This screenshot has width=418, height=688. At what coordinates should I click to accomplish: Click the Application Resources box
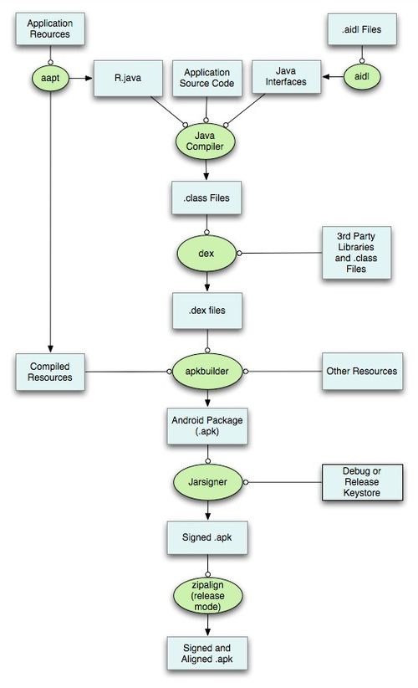click(50, 28)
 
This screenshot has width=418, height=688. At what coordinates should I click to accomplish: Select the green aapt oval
click(50, 78)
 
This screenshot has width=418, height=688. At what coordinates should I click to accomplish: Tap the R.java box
click(128, 78)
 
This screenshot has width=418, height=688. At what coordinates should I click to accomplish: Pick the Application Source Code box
click(206, 78)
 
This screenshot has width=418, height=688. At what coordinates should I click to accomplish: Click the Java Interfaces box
click(286, 77)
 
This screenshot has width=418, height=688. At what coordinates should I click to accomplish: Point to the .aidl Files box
click(362, 29)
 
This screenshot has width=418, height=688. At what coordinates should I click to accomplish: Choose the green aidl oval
click(361, 77)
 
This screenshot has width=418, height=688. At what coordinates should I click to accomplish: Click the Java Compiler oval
click(206, 141)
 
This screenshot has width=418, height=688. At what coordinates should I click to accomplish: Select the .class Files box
click(206, 198)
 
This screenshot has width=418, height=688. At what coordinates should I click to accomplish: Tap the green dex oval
click(206, 253)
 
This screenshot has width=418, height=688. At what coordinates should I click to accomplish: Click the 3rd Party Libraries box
click(356, 253)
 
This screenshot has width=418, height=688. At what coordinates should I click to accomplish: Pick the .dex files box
click(207, 311)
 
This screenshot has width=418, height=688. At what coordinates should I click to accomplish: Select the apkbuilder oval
click(207, 372)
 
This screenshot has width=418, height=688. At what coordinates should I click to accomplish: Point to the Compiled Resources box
click(50, 372)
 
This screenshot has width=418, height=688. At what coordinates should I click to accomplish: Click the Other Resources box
click(362, 372)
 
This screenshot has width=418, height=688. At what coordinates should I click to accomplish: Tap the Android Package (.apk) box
click(207, 426)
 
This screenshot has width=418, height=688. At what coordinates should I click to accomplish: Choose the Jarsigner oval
click(207, 482)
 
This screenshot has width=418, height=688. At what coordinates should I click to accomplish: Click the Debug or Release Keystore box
click(362, 482)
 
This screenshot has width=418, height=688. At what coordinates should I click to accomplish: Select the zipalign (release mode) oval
click(207, 595)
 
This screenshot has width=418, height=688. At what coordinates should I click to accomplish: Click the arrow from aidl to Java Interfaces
click(333, 77)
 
